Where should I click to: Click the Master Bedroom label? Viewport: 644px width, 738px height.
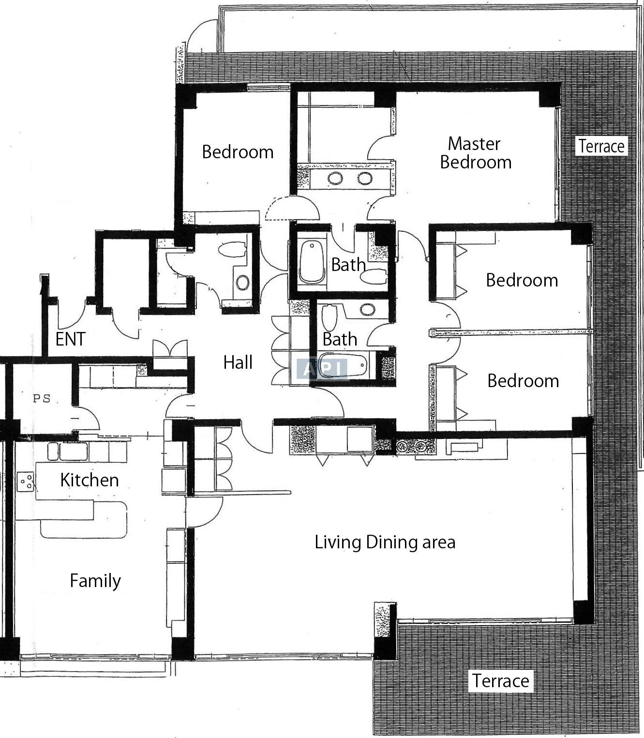pos(476,153)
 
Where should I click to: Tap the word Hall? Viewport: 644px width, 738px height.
pos(238,362)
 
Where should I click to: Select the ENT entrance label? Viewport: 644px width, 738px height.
pos(70,339)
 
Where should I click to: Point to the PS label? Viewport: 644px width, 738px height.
pos(42,399)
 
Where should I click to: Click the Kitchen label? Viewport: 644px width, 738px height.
pos(90,480)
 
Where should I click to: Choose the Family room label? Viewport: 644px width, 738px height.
pos(95,581)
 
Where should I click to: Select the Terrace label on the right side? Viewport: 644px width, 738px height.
pos(601,146)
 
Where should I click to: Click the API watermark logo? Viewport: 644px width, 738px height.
pos(322,369)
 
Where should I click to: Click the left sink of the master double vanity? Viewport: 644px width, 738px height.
pos(335,178)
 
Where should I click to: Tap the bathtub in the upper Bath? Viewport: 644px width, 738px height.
pos(312,262)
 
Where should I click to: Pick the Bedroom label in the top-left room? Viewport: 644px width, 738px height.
pos(238,152)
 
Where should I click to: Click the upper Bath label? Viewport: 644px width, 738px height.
pos(348,265)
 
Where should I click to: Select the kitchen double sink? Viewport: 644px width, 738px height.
pos(68,451)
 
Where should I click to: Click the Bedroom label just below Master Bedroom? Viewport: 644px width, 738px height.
pos(522,280)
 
